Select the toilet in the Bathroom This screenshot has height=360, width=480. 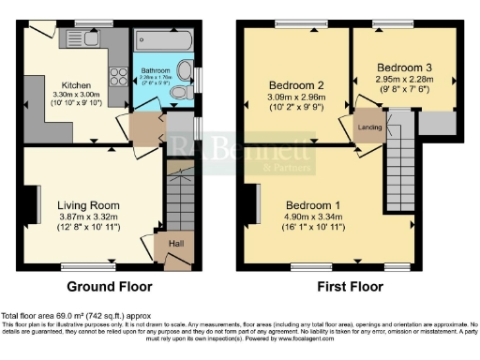click(185, 72)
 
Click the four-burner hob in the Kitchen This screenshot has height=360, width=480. click(119, 72)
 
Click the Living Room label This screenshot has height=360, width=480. click(86, 205)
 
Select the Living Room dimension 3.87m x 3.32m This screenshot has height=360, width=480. click(86, 217)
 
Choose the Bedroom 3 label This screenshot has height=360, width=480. click(405, 67)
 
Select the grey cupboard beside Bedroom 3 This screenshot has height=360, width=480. click(434, 122)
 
